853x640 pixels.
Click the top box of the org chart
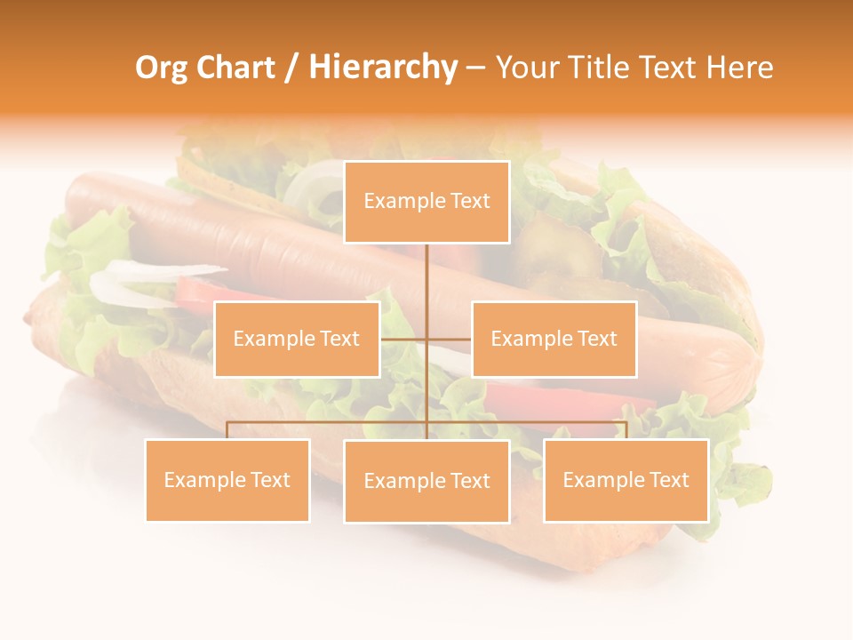[x=426, y=202]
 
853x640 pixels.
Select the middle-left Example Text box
[x=297, y=339]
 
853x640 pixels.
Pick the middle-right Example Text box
[x=554, y=339]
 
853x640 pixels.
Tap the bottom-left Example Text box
[x=227, y=480]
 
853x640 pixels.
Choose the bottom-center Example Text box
[x=426, y=481]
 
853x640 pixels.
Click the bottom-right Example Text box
[x=626, y=480]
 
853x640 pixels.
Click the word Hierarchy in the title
[x=383, y=68]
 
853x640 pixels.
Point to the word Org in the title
[x=161, y=68]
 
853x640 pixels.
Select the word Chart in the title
[x=235, y=68]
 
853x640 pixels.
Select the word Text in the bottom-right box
[x=669, y=480]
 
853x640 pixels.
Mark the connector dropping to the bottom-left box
[x=227, y=430]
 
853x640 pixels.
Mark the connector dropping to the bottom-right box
[x=626, y=430]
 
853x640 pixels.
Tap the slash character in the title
[x=291, y=68]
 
